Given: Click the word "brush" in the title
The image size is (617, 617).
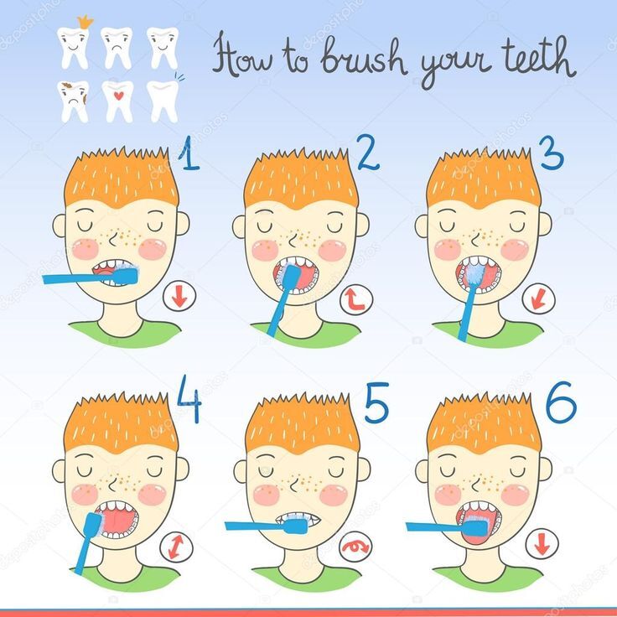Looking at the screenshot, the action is pyautogui.click(x=364, y=57).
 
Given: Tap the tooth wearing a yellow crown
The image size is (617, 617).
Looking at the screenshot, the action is pyautogui.click(x=74, y=44).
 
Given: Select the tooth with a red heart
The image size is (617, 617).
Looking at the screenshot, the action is pyautogui.click(x=118, y=101).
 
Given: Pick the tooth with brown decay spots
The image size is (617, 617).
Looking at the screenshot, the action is pyautogui.click(x=73, y=101).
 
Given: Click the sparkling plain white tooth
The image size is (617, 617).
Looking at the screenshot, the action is pyautogui.click(x=163, y=101).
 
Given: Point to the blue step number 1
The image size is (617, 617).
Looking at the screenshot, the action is pyautogui.click(x=189, y=154).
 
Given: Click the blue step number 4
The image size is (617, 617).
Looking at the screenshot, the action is pyautogui.click(x=189, y=398).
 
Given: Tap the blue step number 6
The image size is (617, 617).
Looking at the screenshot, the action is pyautogui.click(x=561, y=402).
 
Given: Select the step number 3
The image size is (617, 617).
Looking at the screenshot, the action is pyautogui.click(x=552, y=153).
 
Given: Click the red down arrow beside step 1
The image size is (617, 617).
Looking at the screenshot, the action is pyautogui.click(x=179, y=297).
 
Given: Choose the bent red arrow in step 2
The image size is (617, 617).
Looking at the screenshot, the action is pyautogui.click(x=356, y=301).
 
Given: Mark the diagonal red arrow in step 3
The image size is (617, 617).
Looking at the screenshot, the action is pyautogui.click(x=538, y=299).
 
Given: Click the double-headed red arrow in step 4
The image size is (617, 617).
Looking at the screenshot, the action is pyautogui.click(x=176, y=547).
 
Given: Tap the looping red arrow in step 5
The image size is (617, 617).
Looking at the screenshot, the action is pyautogui.click(x=355, y=547).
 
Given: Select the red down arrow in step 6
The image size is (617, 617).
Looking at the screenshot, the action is pyautogui.click(x=542, y=544).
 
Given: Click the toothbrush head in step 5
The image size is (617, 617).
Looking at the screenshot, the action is pyautogui.click(x=296, y=525).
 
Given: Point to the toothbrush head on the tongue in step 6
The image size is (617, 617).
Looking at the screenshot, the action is pyautogui.click(x=475, y=527).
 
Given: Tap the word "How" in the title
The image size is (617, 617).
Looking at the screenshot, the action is pyautogui.click(x=242, y=56).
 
